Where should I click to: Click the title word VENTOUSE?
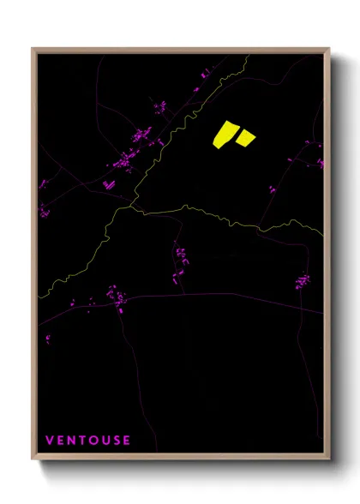pos(87,441)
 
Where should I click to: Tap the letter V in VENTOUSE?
pos(50,441)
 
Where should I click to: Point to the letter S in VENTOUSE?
pos(115,441)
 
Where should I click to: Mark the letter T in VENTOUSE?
pos(81,441)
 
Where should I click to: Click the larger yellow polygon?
pos(225,135)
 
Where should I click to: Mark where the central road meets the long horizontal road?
pos(184,295)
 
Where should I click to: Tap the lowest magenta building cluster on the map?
pos(46,339)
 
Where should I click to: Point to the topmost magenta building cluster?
pos(205,75)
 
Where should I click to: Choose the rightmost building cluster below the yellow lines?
pos(302,280)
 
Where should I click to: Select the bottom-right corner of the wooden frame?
pos(330,461)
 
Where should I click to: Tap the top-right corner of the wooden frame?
pos(330,49)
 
